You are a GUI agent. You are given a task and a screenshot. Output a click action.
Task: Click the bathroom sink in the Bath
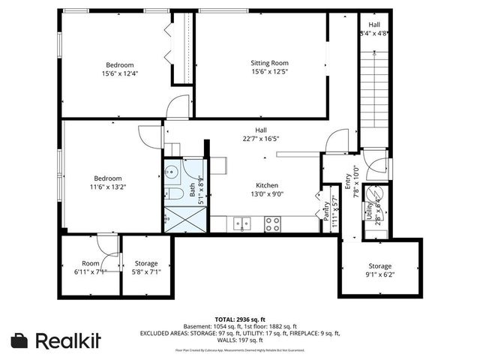pos(171,170)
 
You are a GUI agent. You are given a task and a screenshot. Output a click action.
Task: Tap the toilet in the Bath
pos(172,194)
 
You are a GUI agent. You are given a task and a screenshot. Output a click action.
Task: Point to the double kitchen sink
pos(241,222)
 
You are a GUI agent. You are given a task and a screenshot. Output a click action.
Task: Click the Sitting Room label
pos(269,63)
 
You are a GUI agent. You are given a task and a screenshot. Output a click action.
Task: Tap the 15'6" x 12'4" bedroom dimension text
pos(120,73)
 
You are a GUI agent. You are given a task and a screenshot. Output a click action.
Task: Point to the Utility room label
pos(369,212)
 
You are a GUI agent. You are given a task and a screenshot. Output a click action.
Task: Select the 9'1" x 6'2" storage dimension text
pos(379,276)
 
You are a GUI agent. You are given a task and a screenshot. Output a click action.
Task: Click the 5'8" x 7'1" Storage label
pos(145,263)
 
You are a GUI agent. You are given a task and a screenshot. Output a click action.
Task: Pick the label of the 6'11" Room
pos(91,263)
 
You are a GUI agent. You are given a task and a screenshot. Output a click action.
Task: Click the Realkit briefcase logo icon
pos(20,340)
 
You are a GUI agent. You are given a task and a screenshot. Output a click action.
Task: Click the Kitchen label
pos(267,184)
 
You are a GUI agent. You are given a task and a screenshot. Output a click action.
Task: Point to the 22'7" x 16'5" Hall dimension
pos(261,139)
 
